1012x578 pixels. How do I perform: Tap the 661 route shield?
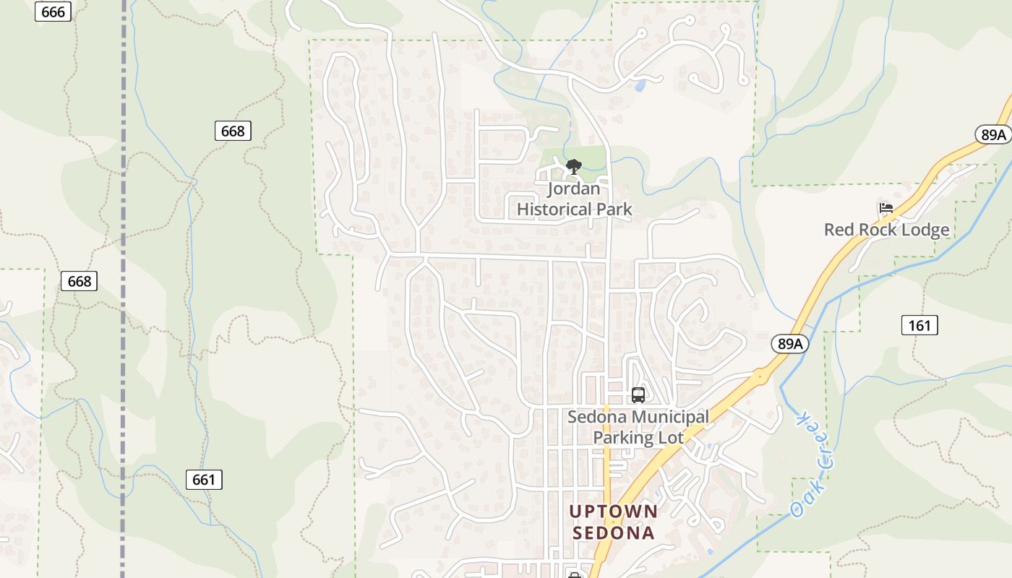tap(204, 479)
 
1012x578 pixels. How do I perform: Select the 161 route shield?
tap(919, 325)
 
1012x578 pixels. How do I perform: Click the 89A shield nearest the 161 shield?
tap(789, 344)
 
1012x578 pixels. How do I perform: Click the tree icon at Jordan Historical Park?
tap(574, 168)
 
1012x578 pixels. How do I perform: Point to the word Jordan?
tap(574, 189)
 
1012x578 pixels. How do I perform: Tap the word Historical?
tap(553, 210)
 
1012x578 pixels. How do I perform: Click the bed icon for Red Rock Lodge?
tap(885, 209)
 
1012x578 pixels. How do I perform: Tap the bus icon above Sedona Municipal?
tap(638, 395)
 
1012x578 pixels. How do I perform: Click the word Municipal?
tap(670, 417)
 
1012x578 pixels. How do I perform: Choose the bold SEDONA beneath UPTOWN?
tap(613, 533)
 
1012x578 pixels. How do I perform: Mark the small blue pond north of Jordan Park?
tap(640, 86)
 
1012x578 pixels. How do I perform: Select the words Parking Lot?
tap(638, 438)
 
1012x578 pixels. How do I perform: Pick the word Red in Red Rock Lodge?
tap(839, 230)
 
